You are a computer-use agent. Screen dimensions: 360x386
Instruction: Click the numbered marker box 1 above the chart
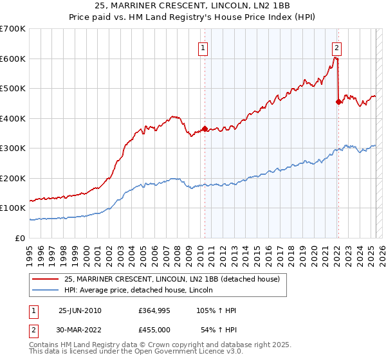(x=203, y=47)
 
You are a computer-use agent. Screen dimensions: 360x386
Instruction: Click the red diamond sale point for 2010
(x=205, y=129)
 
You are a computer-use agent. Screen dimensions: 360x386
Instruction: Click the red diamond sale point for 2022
(x=338, y=102)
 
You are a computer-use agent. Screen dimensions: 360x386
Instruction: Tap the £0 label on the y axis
(x=20, y=238)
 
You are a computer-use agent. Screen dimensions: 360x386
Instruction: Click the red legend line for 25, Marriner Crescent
(x=46, y=280)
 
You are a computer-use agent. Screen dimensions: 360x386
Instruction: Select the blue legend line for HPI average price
(x=46, y=291)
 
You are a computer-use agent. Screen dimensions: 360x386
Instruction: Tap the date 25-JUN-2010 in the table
(x=80, y=310)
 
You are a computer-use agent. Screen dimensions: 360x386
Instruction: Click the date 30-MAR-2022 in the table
(x=80, y=330)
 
